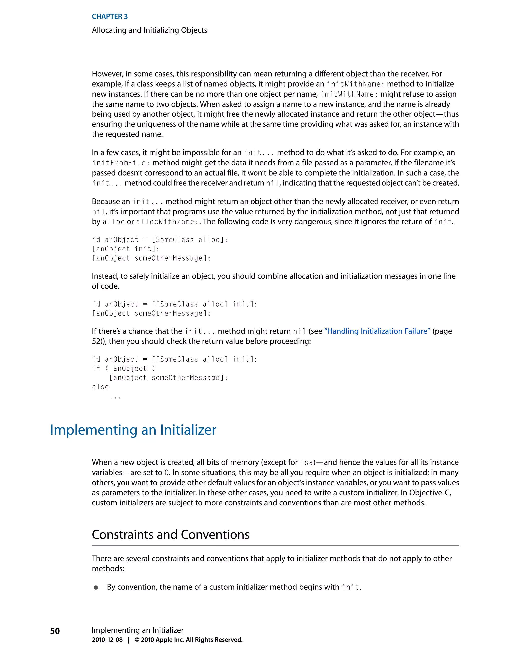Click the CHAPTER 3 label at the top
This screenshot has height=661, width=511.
110,17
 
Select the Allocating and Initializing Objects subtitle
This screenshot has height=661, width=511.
149,30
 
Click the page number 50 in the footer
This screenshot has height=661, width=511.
55,631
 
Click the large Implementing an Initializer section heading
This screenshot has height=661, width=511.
133,430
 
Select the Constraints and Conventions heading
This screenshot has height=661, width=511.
170,535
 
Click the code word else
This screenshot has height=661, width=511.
100,387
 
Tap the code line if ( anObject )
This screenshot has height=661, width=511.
124,368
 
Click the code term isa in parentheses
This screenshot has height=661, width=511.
306,462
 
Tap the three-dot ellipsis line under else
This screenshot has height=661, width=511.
115,397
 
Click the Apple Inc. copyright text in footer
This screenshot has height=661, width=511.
188,640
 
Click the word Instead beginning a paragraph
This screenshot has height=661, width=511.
105,276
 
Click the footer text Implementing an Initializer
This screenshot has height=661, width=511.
137,630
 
